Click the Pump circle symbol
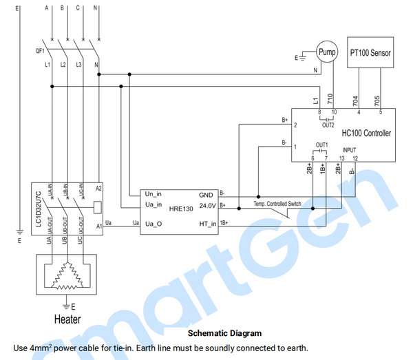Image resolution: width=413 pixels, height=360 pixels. (x=328, y=52)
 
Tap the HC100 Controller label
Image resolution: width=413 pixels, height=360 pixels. (x=366, y=133)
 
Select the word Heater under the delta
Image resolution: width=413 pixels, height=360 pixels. (x=67, y=319)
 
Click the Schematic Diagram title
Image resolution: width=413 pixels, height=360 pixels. (x=224, y=334)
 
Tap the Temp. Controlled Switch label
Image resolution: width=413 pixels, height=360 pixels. (x=277, y=204)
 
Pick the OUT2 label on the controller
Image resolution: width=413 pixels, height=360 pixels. (x=328, y=125)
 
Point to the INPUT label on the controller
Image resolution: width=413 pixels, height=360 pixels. (x=349, y=149)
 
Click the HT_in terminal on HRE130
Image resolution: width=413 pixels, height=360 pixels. (x=208, y=223)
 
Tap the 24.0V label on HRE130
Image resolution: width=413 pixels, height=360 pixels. (x=206, y=205)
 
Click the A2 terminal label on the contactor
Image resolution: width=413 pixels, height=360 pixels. (x=98, y=188)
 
